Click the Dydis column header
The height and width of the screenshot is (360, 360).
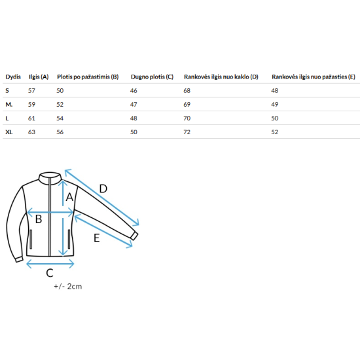coord(13,77)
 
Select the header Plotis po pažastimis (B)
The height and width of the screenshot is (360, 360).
coord(88,77)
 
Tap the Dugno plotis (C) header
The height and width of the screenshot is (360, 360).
coord(152,77)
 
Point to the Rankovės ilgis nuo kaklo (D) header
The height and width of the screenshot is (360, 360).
coord(221,77)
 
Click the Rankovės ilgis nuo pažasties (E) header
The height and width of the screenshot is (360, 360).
coord(314,77)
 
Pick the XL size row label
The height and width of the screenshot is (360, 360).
coord(9,132)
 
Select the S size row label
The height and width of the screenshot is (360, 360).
coord(7,91)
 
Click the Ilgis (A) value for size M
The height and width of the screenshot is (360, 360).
coord(31,105)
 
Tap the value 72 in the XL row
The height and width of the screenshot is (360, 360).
coord(187,132)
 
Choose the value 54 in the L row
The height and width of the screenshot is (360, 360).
coord(60,118)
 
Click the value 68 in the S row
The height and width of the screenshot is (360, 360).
coord(187,91)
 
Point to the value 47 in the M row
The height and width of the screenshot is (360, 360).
coord(134,105)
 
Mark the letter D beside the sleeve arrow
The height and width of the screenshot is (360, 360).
coord(103,189)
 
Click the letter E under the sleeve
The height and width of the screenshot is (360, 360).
coord(97,238)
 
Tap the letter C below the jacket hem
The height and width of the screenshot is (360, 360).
coord(50,273)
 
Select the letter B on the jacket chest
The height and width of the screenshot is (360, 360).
coord(39,219)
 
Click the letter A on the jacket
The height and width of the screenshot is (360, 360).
coord(69,197)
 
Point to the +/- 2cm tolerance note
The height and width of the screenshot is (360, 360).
coord(68,287)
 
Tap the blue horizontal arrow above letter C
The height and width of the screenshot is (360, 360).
coord(50,264)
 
